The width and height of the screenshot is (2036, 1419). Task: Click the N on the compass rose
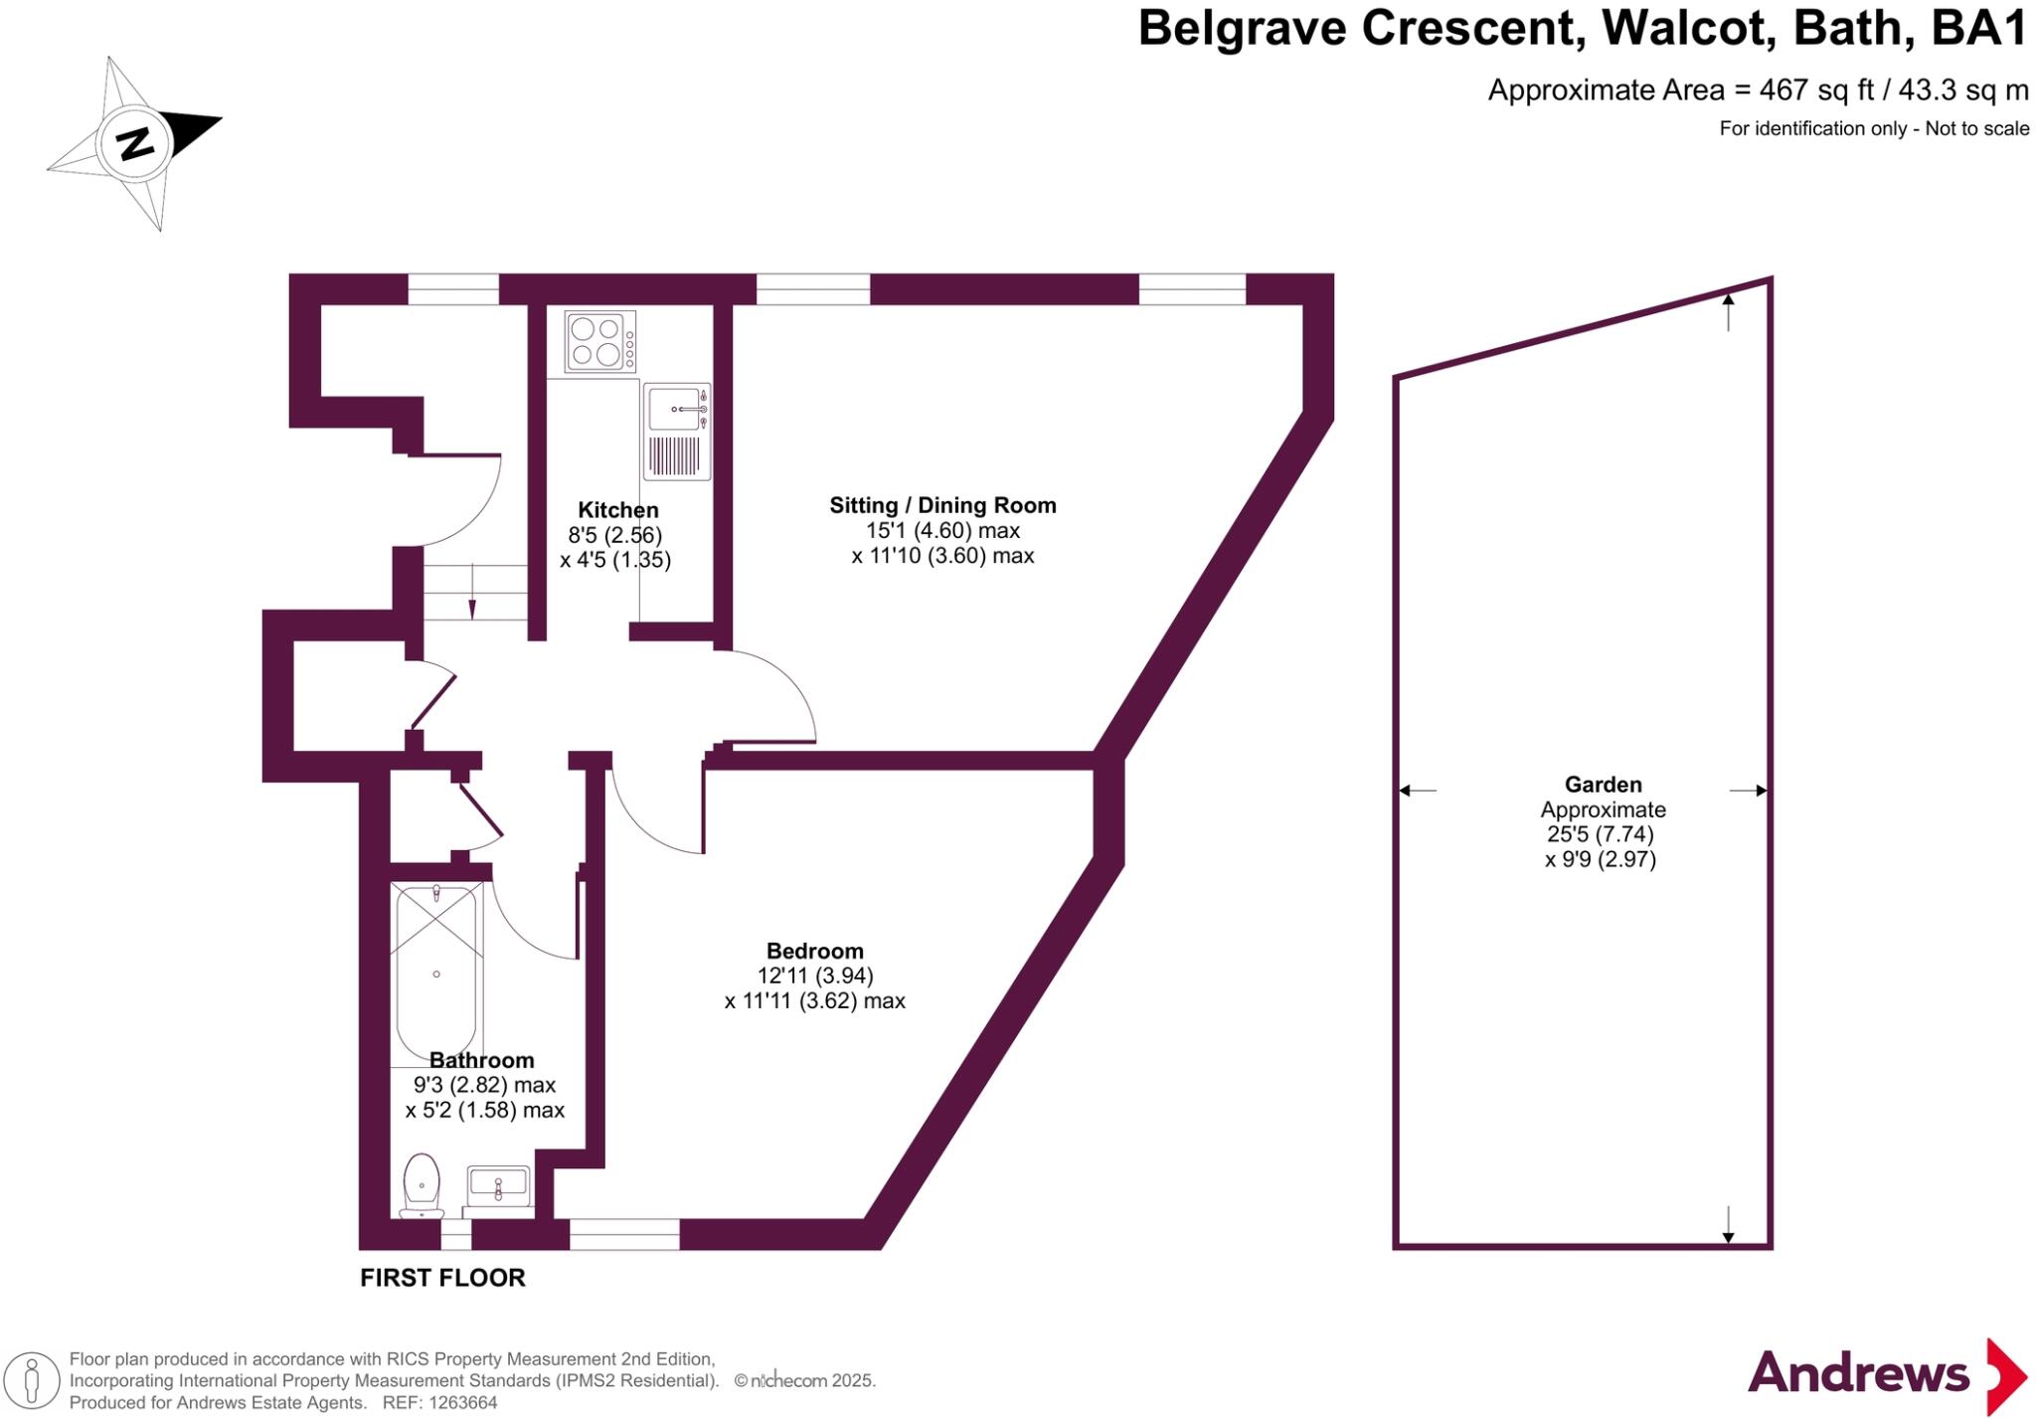tap(135, 143)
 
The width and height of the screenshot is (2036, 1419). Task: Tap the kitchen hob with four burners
tap(599, 341)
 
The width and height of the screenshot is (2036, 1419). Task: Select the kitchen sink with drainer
tap(677, 431)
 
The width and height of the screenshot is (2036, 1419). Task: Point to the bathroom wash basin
tap(498, 1187)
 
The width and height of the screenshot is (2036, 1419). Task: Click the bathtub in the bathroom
tap(437, 972)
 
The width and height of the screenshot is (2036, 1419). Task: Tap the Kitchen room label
tap(618, 510)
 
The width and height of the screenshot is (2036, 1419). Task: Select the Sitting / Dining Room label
tap(942, 505)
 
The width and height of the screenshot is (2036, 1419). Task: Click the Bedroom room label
tap(814, 951)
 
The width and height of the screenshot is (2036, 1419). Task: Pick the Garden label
tap(1603, 785)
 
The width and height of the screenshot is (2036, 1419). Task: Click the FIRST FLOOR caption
tap(442, 1278)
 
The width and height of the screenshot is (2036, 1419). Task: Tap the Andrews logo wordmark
tap(1858, 1374)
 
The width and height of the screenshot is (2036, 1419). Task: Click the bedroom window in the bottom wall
tap(624, 1234)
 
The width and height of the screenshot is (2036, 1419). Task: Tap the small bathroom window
tap(455, 1234)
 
